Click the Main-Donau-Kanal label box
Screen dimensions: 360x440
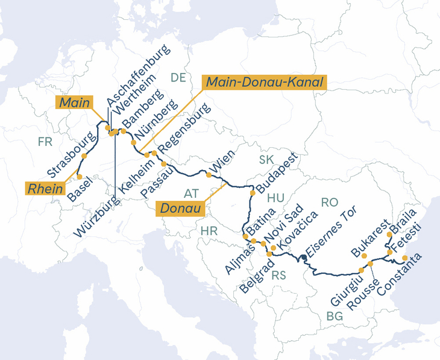tap(264, 82)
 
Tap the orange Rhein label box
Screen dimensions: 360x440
tap(46, 188)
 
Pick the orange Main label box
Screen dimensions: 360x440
tap(75, 103)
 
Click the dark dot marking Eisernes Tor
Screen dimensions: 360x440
tap(304, 257)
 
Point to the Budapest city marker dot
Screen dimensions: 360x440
tap(253, 193)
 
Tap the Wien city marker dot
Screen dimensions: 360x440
tap(209, 175)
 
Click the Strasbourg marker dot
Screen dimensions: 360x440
tap(84, 156)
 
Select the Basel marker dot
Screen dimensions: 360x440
tap(79, 177)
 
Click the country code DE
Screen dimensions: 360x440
tap(178, 77)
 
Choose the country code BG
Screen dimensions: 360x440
tap(334, 316)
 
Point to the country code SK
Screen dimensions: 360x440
tap(266, 160)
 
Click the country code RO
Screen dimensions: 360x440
tap(330, 203)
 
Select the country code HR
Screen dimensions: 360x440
tap(209, 231)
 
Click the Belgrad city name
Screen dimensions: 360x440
tap(255, 274)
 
